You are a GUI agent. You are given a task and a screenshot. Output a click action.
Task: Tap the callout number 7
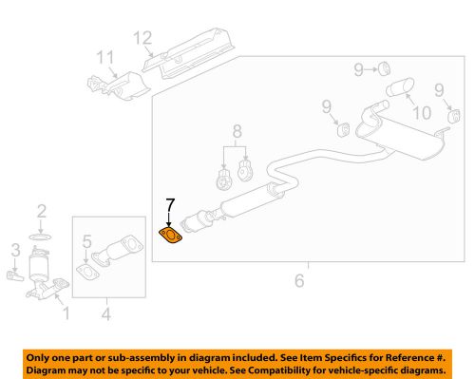click(169, 204)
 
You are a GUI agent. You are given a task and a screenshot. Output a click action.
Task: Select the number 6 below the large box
click(300, 280)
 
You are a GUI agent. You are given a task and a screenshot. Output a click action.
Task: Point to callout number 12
click(142, 39)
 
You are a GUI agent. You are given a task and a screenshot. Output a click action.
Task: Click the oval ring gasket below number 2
click(41, 233)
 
